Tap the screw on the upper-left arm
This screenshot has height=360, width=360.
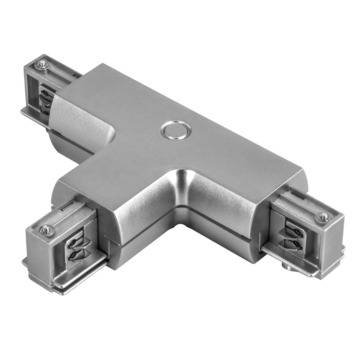pos(42,64)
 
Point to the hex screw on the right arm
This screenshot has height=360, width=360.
pos(323,217)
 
